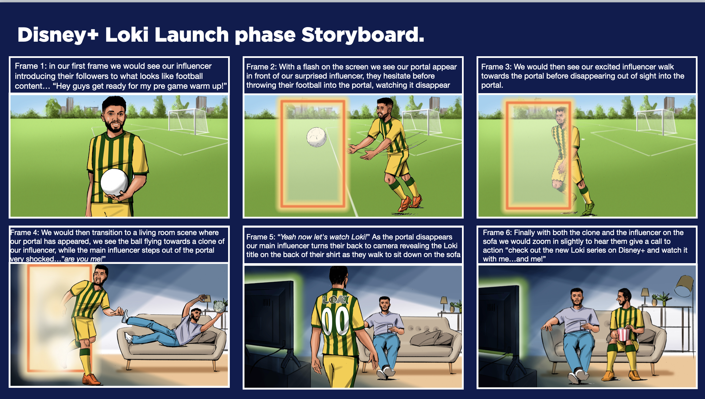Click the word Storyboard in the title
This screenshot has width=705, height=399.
tap(363, 35)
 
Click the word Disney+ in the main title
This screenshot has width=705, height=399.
tap(58, 35)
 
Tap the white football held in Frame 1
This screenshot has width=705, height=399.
tap(114, 182)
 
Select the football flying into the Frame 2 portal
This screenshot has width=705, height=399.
tap(316, 137)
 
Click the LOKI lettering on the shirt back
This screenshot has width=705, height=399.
tap(336, 299)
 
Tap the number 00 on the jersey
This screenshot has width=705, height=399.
tap(336, 320)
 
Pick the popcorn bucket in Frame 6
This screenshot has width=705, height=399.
tap(623, 334)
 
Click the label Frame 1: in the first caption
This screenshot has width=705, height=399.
tap(31, 66)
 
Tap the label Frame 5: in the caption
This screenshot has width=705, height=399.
tap(261, 237)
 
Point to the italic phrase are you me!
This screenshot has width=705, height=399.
tap(85, 259)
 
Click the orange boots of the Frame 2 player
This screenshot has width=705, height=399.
tap(410, 202)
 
